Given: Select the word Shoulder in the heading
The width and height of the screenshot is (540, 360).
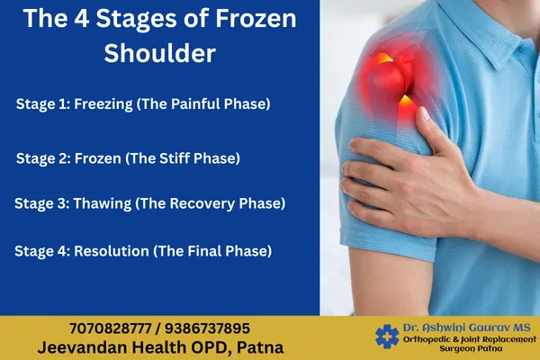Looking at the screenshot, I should point(160,53).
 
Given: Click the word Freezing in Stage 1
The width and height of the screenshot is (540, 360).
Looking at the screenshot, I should point(108,103).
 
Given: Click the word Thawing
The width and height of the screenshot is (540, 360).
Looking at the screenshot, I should point(103,203).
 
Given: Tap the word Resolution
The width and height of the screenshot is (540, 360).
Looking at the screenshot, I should point(113,249).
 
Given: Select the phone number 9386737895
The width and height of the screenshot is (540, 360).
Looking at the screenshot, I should point(211,328).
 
